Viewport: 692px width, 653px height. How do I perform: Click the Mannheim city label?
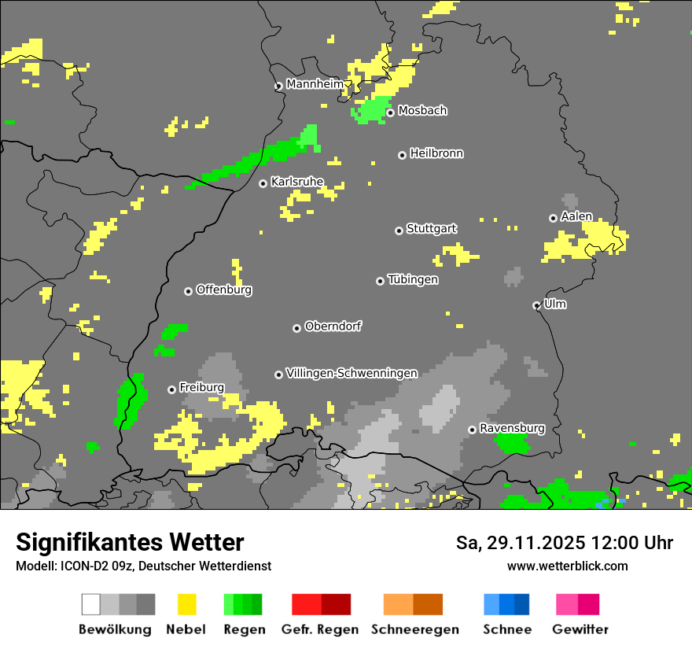point(315,84)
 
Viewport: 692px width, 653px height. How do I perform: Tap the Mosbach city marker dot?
point(390,113)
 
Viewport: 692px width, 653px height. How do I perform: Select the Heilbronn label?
point(436,153)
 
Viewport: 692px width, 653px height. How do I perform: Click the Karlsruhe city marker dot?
point(263,183)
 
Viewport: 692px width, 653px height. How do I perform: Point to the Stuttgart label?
point(431,229)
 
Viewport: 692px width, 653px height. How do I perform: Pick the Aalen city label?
point(576,216)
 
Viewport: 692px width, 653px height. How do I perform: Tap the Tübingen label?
point(413,279)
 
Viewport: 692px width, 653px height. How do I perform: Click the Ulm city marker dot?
point(536,305)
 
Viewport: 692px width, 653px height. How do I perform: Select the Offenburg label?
point(224,290)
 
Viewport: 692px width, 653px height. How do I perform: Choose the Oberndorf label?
point(333,326)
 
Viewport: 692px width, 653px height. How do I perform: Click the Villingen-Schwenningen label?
point(352,373)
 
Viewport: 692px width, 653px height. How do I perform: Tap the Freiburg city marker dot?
point(171,389)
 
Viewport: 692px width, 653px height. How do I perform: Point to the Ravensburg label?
point(512,428)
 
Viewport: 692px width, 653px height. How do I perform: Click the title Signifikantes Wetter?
point(130,542)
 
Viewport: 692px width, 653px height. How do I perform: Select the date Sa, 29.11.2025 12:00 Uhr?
point(565,543)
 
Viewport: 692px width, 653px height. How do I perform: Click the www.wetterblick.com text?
point(568,566)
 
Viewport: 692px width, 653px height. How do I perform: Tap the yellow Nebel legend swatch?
point(186,604)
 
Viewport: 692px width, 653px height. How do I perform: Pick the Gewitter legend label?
point(580,629)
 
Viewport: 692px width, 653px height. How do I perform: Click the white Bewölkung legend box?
point(91,604)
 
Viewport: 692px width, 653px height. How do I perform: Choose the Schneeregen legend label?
point(414,629)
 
